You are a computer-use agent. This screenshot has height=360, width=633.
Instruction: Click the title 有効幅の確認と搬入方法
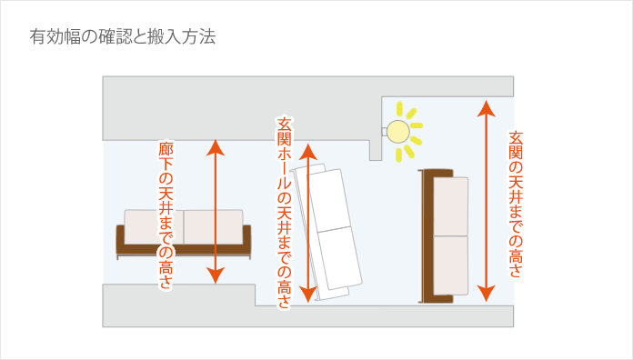coord(122,39)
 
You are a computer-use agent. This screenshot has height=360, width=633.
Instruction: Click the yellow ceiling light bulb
coord(397,133)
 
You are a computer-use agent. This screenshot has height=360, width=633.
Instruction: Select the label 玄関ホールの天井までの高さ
coord(284,211)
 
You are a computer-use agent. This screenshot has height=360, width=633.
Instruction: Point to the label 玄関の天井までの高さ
coord(515,204)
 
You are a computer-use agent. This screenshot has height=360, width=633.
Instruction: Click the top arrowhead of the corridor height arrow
coord(215,145)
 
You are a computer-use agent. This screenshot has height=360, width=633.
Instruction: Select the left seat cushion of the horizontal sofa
coord(154,226)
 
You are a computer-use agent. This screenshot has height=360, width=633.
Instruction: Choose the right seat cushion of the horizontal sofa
coord(213,226)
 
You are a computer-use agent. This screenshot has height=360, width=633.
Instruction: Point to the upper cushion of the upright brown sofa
coord(451,206)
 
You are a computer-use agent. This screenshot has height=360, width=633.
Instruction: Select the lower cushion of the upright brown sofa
coord(451,265)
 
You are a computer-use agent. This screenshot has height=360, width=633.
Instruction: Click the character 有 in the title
coord(37,39)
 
